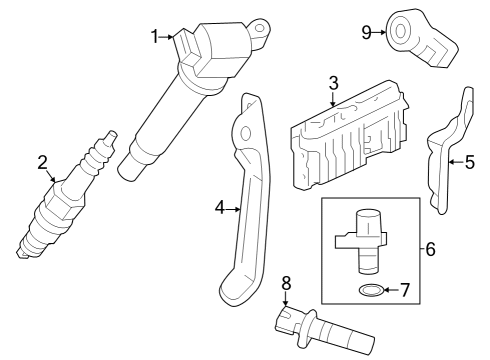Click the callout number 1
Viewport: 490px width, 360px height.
156,37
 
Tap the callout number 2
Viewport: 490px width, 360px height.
42,162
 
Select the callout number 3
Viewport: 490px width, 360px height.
334,82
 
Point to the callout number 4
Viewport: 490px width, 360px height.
220,209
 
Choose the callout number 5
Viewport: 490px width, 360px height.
470,159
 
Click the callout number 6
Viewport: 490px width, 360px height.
431,248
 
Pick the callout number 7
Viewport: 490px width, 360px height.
405,290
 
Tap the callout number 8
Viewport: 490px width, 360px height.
286,282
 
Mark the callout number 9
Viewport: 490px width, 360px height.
367,32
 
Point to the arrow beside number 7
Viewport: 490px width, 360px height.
391,290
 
